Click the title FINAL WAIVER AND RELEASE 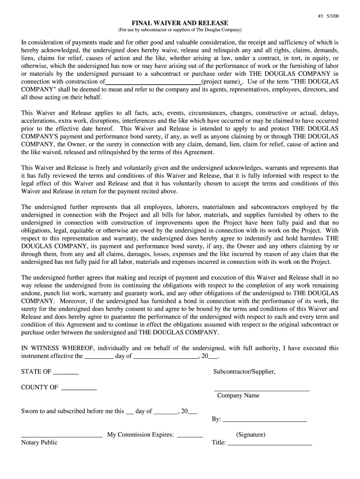click(x=180, y=23)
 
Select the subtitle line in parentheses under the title click(x=180, y=30)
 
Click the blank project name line click(x=153, y=81)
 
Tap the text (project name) click(x=221, y=81)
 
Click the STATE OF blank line click(x=66, y=372)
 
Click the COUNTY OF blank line click(x=79, y=388)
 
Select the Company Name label click(x=238, y=396)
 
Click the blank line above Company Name click(x=261, y=389)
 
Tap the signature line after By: click(x=265, y=420)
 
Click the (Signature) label click(x=251, y=435)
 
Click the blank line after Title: click(x=269, y=443)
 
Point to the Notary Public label click(x=39, y=443)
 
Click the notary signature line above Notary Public click(x=62, y=435)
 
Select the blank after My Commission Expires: click(x=190, y=435)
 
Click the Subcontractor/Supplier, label click(x=244, y=372)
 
